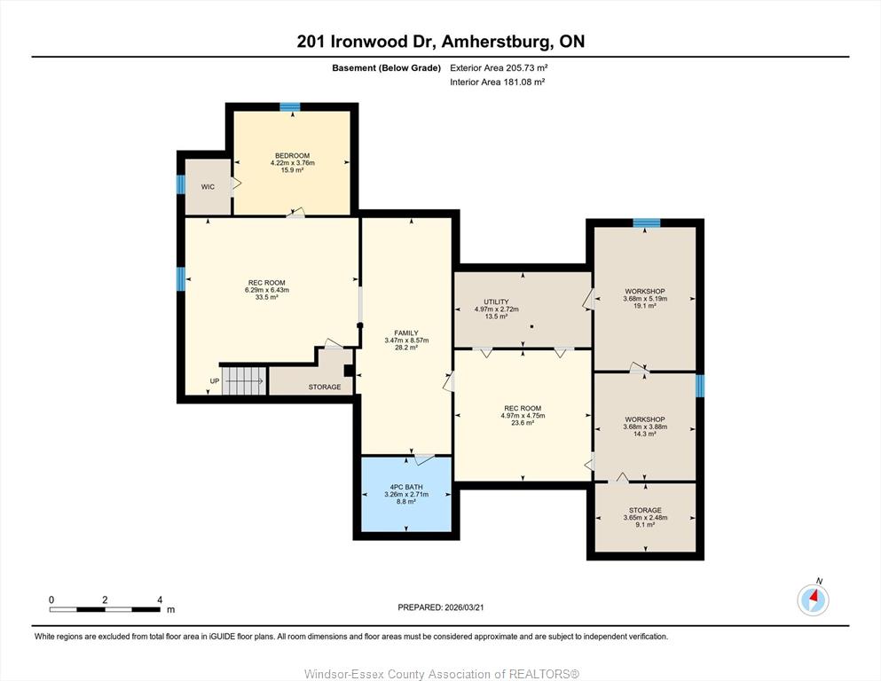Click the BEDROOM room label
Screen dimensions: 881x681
click(x=292, y=155)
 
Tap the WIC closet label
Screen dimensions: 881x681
click(x=208, y=187)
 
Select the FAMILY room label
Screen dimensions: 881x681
click(x=406, y=333)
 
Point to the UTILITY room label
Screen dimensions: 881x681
click(x=496, y=301)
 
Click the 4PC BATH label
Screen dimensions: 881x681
click(x=406, y=487)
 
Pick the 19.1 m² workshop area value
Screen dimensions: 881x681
click(x=644, y=306)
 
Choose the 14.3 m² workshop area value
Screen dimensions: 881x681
click(x=644, y=434)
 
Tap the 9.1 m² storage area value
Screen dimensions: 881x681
click(x=645, y=525)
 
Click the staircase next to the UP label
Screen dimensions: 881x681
click(x=244, y=380)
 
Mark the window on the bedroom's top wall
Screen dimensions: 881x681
click(x=290, y=106)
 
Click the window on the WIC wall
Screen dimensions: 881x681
click(x=181, y=184)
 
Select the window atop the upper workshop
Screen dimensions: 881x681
click(x=647, y=223)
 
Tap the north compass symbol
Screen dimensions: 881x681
click(x=813, y=599)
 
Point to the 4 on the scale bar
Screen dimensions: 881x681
click(x=160, y=599)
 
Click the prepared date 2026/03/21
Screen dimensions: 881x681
click(x=464, y=607)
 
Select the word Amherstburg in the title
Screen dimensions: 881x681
click(x=493, y=42)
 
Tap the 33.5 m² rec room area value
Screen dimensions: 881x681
click(x=267, y=297)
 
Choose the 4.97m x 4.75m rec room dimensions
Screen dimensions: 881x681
click(x=523, y=416)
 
